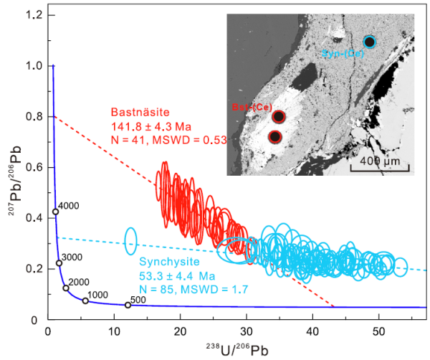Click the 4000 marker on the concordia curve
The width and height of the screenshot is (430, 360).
55,212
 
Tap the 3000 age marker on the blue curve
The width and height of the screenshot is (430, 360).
59,263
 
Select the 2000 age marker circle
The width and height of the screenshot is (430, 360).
66,288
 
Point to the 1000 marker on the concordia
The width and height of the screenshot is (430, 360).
85,300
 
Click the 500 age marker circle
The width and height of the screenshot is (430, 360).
128,305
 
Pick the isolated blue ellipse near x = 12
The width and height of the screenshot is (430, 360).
130,241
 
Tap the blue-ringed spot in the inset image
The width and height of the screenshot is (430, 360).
369,42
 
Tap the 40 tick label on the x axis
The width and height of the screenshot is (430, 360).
312,331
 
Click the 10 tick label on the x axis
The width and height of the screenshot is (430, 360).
114,331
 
